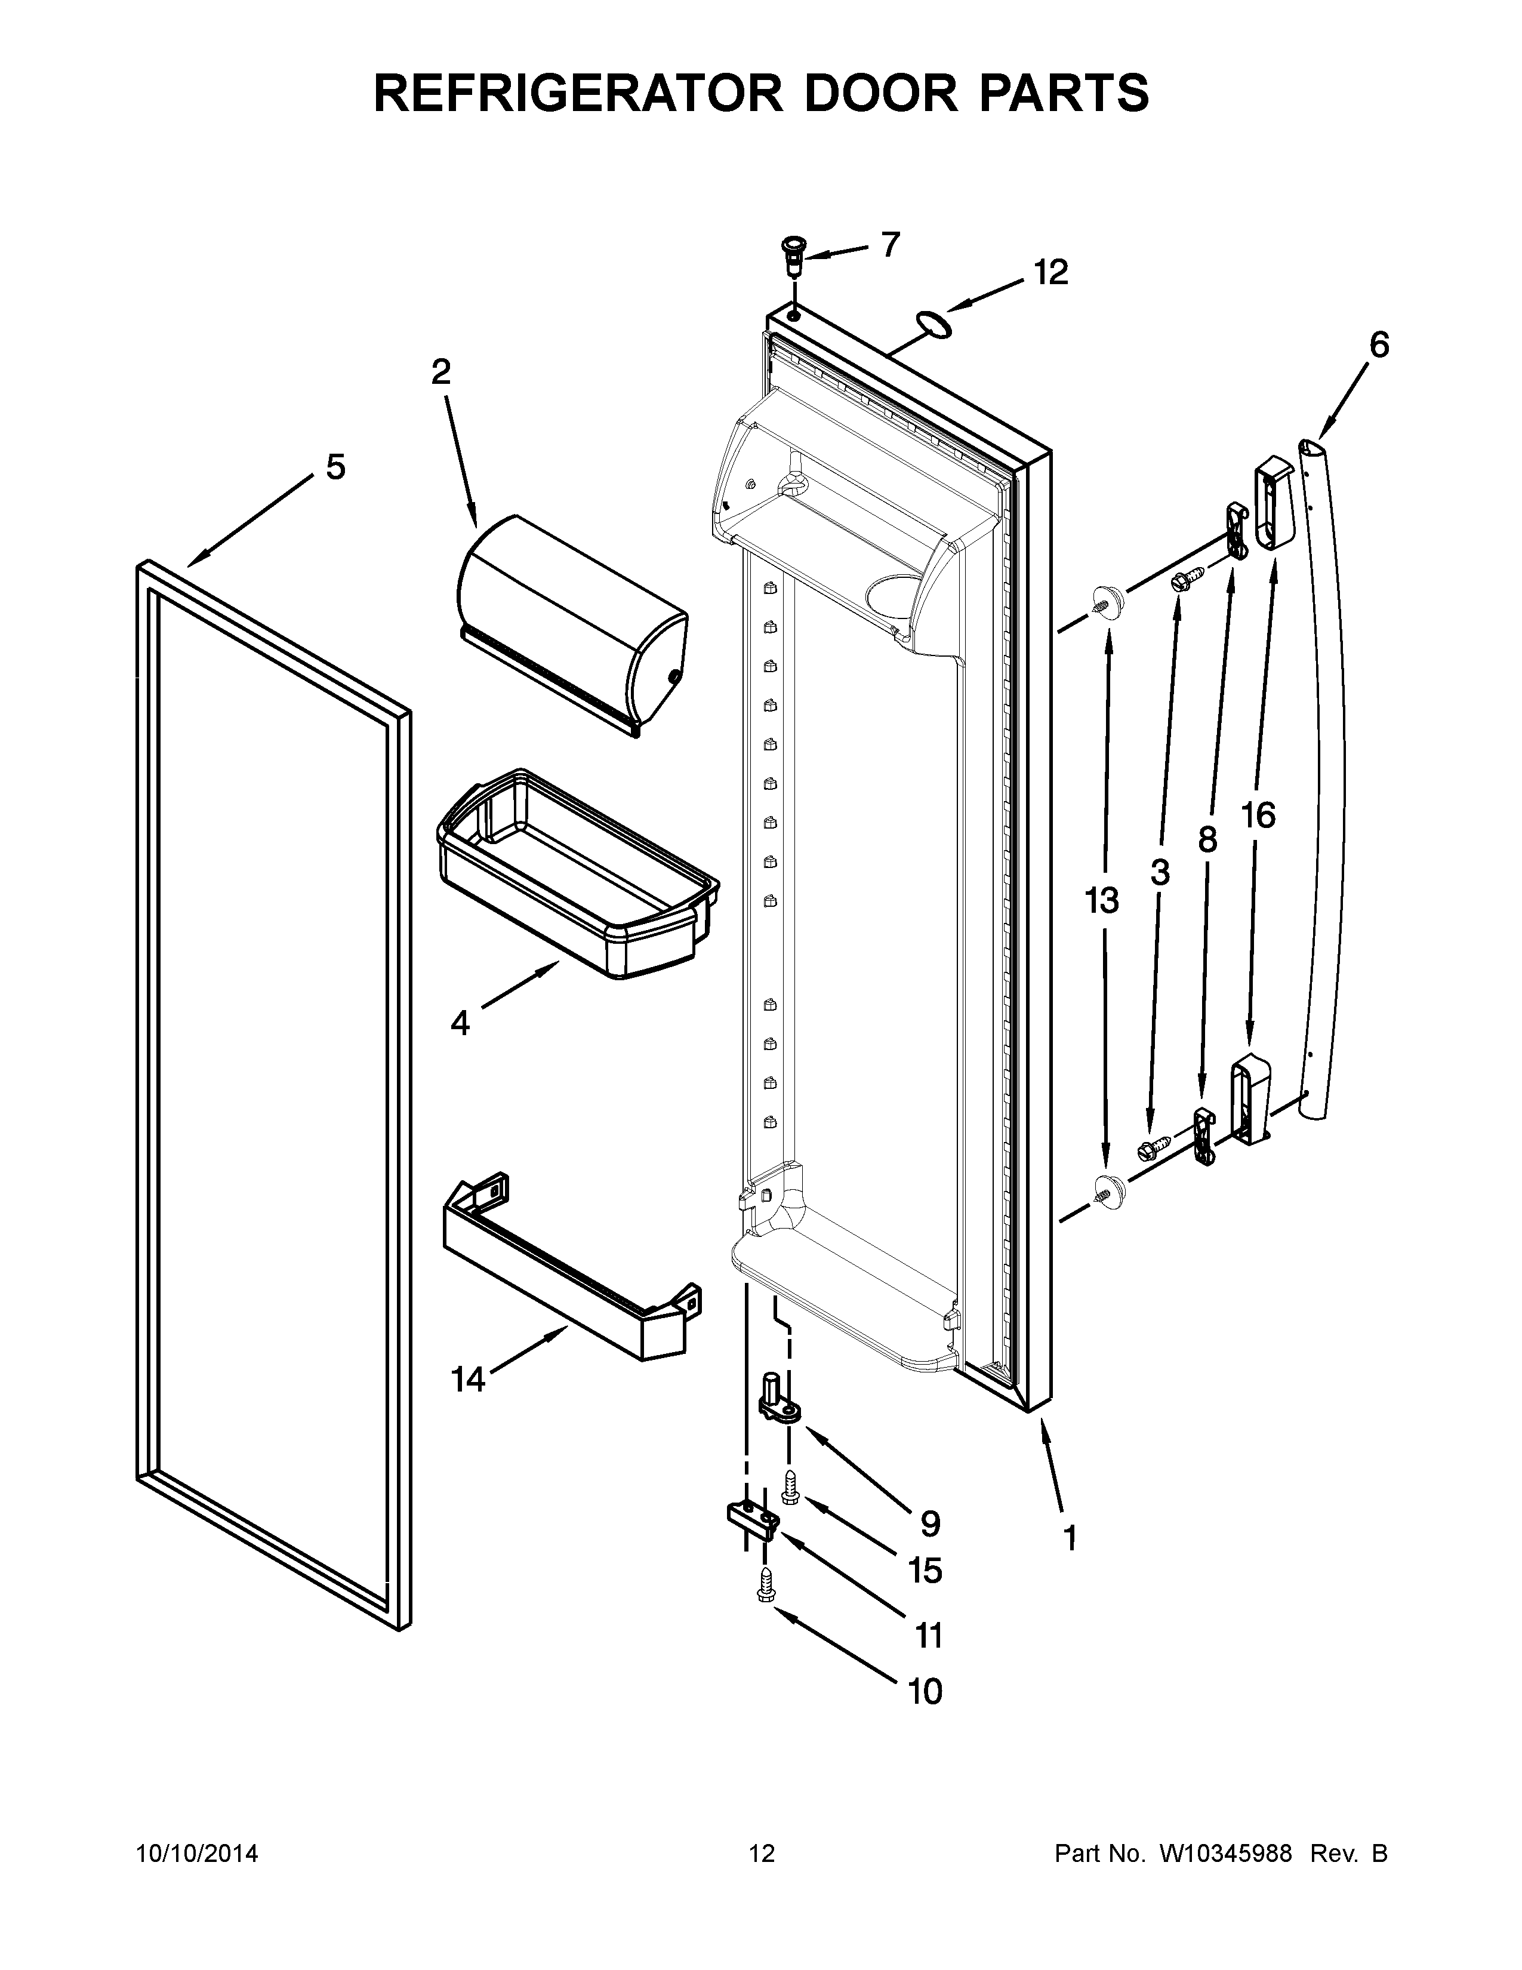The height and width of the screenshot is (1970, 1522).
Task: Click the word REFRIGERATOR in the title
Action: pyautogui.click(x=577, y=93)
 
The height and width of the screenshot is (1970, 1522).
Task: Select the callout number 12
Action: pyautogui.click(x=1050, y=272)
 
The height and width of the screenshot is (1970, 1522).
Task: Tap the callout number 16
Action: pyautogui.click(x=1258, y=816)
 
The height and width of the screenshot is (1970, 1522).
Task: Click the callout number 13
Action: pyautogui.click(x=1102, y=900)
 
